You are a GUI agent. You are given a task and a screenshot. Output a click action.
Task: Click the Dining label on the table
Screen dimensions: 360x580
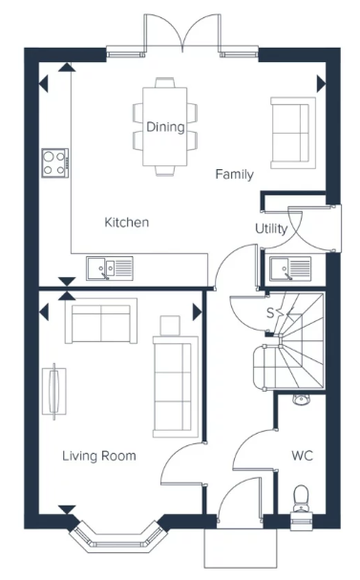tap(165, 127)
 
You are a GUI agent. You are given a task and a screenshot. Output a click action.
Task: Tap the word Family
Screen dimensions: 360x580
tap(234, 174)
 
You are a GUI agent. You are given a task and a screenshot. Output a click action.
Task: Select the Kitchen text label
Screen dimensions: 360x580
tap(127, 222)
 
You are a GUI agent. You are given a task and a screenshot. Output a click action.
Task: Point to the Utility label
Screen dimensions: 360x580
tap(271, 228)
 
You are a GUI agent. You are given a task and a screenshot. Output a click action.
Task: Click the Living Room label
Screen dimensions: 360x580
tap(99, 456)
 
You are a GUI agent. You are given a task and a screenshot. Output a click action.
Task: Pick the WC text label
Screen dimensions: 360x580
tap(302, 456)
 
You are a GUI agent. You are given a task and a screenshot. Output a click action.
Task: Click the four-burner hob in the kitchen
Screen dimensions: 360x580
tap(55, 163)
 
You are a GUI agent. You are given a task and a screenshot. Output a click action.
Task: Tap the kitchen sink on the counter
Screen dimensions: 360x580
tap(110, 269)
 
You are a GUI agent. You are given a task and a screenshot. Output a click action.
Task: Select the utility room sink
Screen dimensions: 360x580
tap(290, 269)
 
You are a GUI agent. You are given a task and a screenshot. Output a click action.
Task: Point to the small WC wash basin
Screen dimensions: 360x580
tap(302, 399)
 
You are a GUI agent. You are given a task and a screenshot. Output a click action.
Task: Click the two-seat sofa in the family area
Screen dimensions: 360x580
tap(293, 133)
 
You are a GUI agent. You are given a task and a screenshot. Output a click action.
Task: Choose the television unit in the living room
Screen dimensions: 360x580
tap(54, 392)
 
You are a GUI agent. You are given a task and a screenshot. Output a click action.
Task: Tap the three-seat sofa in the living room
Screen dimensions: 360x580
tap(175, 387)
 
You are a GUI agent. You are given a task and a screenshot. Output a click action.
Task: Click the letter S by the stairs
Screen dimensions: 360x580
tap(270, 313)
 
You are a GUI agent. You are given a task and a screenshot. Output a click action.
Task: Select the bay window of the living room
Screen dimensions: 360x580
tap(119, 536)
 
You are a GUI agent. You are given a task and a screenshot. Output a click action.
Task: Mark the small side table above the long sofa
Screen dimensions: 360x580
tap(170, 326)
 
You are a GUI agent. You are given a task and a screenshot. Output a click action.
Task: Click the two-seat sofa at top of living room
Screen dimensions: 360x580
tap(101, 321)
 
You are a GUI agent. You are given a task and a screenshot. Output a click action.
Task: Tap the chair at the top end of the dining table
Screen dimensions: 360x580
tap(165, 82)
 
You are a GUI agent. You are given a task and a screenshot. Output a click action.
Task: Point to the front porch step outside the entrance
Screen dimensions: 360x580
tap(241, 548)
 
